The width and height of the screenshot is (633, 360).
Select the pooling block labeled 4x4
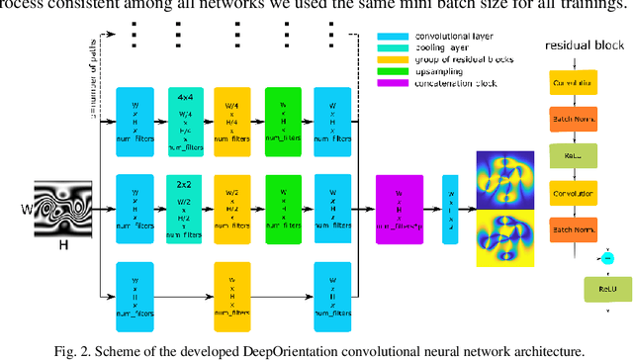tap(185, 122)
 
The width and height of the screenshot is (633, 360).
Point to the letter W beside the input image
tap(26, 210)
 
